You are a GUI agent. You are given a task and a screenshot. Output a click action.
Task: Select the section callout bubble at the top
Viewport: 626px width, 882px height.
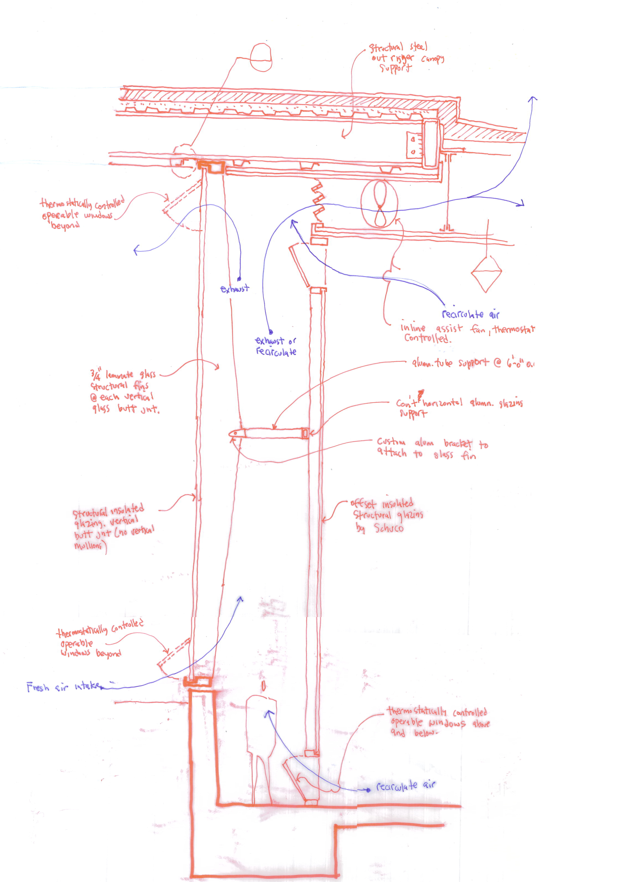tap(261, 57)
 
